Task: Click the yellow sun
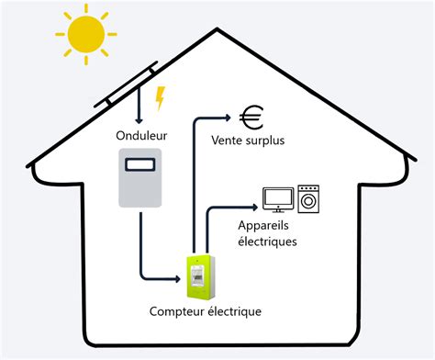pyautogui.click(x=85, y=34)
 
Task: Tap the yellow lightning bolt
pyautogui.click(x=161, y=97)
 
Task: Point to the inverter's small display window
pyautogui.click(x=140, y=165)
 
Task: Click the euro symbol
pyautogui.click(x=251, y=117)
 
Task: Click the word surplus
pyautogui.click(x=265, y=142)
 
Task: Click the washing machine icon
pyautogui.click(x=309, y=197)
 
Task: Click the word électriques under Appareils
pyautogui.click(x=267, y=242)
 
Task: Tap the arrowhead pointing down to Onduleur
pyautogui.click(x=139, y=118)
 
